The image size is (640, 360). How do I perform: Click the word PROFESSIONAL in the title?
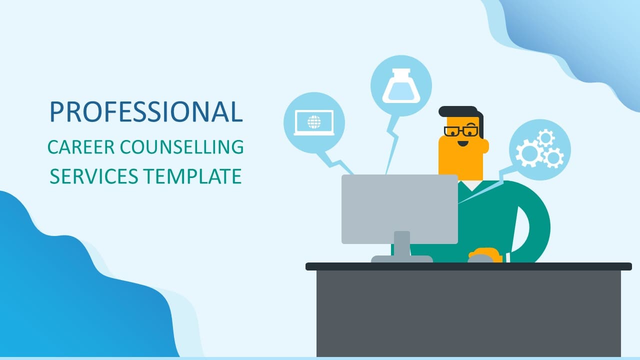pos(146,111)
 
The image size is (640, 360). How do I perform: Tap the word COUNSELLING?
pos(181,147)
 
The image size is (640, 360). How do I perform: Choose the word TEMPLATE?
pos(192,176)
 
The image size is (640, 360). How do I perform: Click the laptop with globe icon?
pos(314,122)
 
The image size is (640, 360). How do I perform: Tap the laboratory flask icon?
pos(401,85)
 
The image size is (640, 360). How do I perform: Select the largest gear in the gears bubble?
pos(529,153)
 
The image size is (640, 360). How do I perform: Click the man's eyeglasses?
pos(461,131)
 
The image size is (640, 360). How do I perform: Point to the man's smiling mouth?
pos(463,143)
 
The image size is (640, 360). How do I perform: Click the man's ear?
pos(485,146)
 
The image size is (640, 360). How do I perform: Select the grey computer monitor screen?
pos(399,209)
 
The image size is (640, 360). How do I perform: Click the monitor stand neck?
pos(401,243)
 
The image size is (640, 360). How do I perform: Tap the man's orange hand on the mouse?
pos(485,254)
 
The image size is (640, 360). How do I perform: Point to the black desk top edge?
pos(468,266)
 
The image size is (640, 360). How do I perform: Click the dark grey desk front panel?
pos(468,313)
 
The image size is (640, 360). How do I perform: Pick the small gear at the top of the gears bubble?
pos(545,138)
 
